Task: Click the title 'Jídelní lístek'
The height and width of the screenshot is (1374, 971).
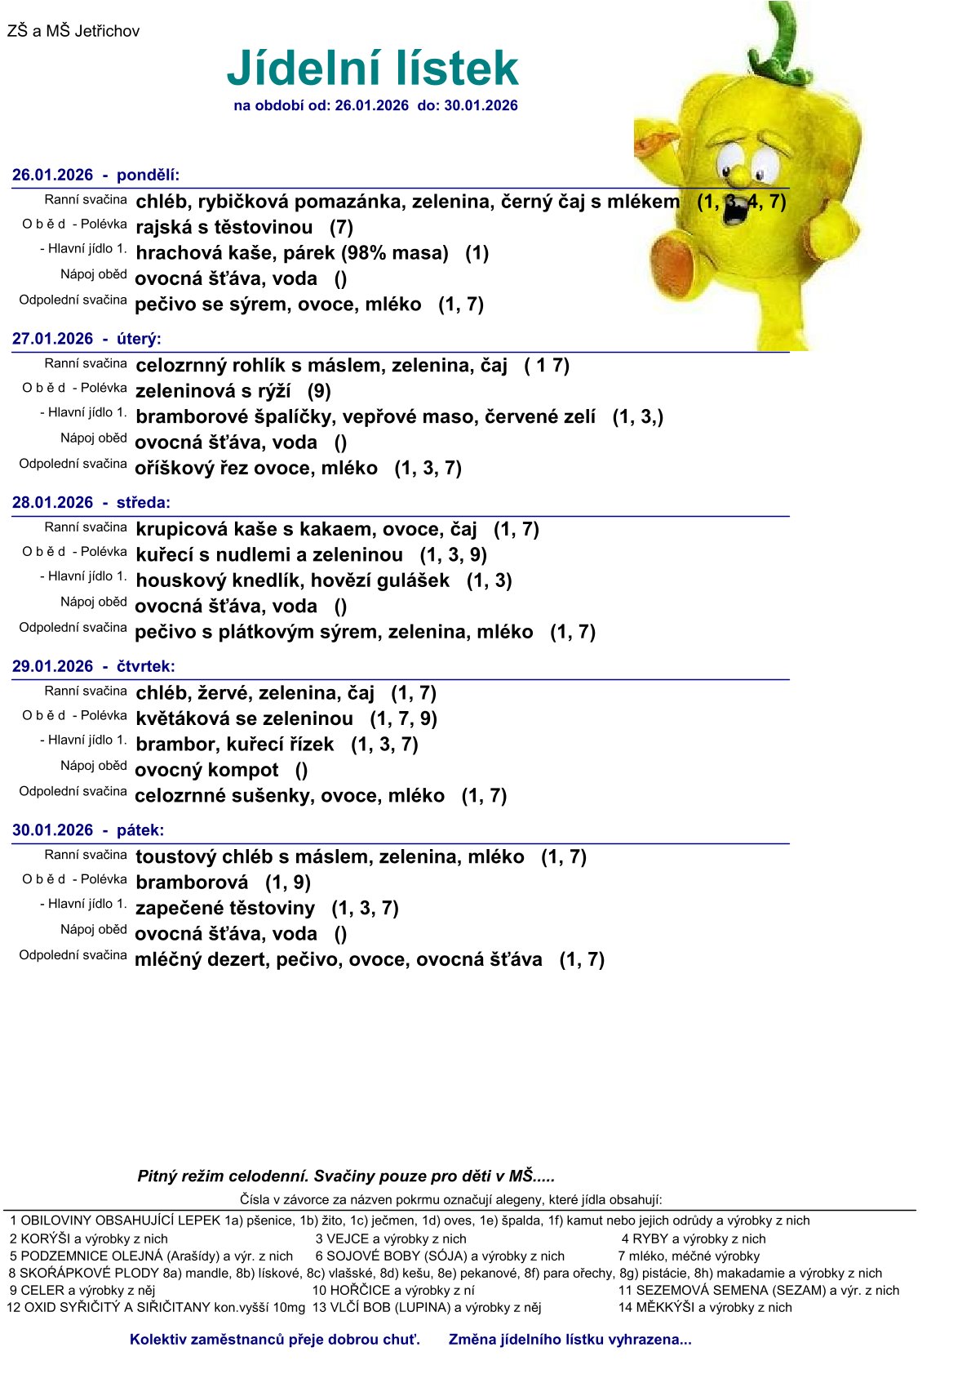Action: pyautogui.click(x=372, y=68)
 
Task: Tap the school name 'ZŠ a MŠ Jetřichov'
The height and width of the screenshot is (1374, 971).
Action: pyautogui.click(x=73, y=31)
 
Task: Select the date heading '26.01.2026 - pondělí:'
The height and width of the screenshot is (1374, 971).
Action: pyautogui.click(x=95, y=175)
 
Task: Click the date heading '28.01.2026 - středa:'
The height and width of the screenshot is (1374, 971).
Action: pyautogui.click(x=91, y=502)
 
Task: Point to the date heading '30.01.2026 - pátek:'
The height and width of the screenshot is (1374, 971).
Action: pyautogui.click(x=88, y=829)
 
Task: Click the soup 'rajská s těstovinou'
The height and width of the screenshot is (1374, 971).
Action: pyautogui.click(x=224, y=227)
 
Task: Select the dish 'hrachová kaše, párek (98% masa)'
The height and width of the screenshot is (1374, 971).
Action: pyautogui.click(x=292, y=253)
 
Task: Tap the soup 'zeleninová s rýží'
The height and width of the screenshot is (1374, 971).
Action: pyautogui.click(x=213, y=391)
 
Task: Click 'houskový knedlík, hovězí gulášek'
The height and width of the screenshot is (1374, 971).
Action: pyautogui.click(x=292, y=580)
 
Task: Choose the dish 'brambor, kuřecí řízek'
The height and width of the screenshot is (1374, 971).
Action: pyautogui.click(x=235, y=744)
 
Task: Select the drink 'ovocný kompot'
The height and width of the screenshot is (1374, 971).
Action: pyautogui.click(x=206, y=770)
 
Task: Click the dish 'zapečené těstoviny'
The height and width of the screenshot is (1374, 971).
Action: pyautogui.click(x=225, y=908)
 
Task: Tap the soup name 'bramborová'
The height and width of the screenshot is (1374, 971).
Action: pyautogui.click(x=192, y=883)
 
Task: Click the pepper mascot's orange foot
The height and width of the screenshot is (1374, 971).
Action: pyautogui.click(x=675, y=261)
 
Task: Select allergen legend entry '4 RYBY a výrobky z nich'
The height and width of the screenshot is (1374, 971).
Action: pyautogui.click(x=694, y=1238)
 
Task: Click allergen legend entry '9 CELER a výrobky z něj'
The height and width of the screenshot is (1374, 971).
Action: pyautogui.click(x=82, y=1290)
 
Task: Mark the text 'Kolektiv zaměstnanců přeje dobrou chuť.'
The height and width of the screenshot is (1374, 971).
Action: pyautogui.click(x=275, y=1339)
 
